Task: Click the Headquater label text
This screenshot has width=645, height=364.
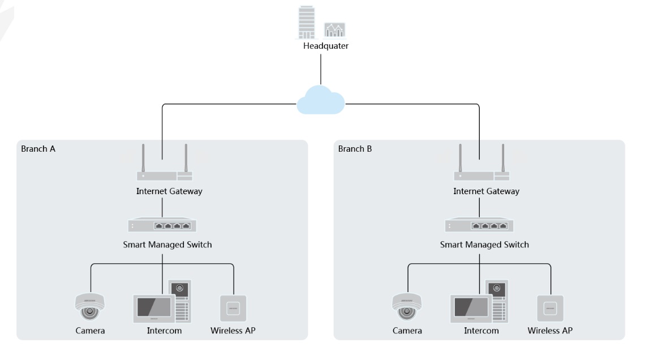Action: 326,46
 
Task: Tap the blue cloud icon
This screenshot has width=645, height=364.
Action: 321,100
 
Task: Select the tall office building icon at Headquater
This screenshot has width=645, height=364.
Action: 307,22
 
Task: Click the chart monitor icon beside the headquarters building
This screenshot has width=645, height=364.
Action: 334,30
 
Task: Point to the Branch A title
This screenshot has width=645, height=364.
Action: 38,149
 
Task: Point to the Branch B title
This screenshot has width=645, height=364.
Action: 355,149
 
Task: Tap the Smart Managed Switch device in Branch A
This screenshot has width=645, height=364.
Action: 162,225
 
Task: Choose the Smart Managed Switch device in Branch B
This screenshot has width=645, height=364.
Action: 479,225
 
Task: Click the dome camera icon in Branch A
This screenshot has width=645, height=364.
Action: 89,307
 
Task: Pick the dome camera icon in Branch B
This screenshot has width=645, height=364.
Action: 407,307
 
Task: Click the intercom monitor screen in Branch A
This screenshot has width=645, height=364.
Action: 154,309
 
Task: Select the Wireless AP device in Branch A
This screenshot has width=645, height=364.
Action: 233,309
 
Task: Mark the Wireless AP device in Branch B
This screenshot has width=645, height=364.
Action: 551,309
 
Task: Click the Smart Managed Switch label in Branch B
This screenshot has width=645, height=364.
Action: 484,245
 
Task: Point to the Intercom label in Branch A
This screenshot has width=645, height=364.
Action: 164,331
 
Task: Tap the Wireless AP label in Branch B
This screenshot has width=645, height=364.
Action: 550,331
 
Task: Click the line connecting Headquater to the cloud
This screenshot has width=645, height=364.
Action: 321,69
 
